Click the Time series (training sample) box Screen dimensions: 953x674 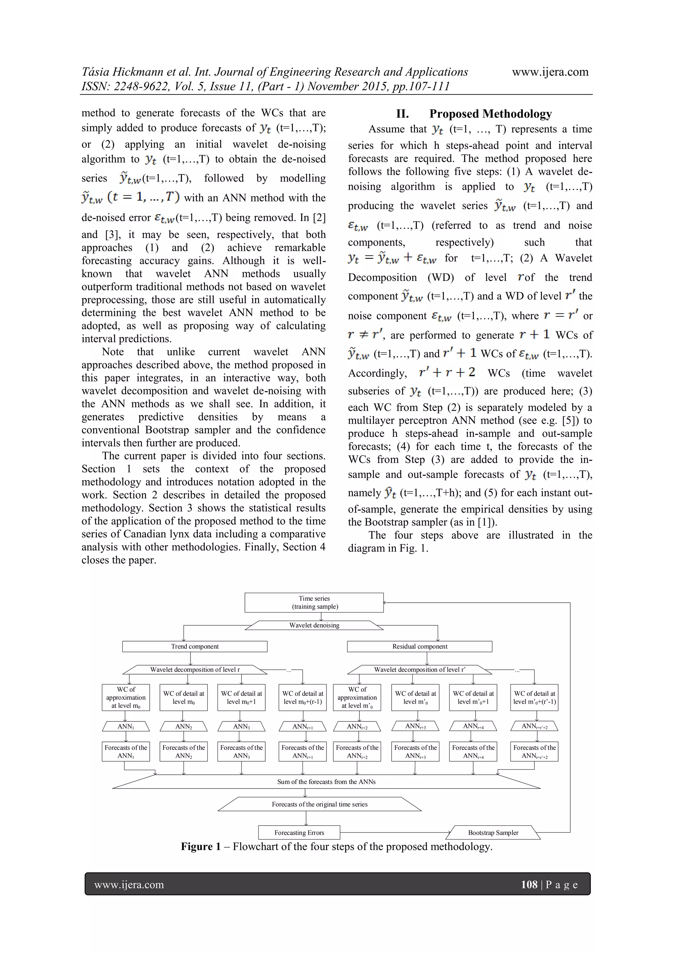(x=314, y=602)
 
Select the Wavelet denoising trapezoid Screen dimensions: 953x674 (x=314, y=625)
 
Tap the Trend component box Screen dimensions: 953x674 (x=195, y=646)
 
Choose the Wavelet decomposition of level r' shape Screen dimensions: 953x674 (x=419, y=669)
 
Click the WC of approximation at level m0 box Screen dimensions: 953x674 (x=126, y=697)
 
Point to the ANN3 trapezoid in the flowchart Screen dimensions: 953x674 (x=241, y=726)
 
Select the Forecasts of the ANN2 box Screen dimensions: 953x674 (x=184, y=751)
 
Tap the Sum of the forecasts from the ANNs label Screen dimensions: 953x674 (x=326, y=782)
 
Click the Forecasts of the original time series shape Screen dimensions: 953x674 (x=319, y=804)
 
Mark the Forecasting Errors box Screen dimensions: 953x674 (x=299, y=832)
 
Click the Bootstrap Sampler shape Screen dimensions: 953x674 (x=493, y=832)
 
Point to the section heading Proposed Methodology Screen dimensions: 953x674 (x=490, y=114)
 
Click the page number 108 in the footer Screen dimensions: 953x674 (x=529, y=884)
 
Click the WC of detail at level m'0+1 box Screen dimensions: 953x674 (x=473, y=697)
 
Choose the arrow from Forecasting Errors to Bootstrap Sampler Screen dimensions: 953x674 (x=395, y=832)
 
